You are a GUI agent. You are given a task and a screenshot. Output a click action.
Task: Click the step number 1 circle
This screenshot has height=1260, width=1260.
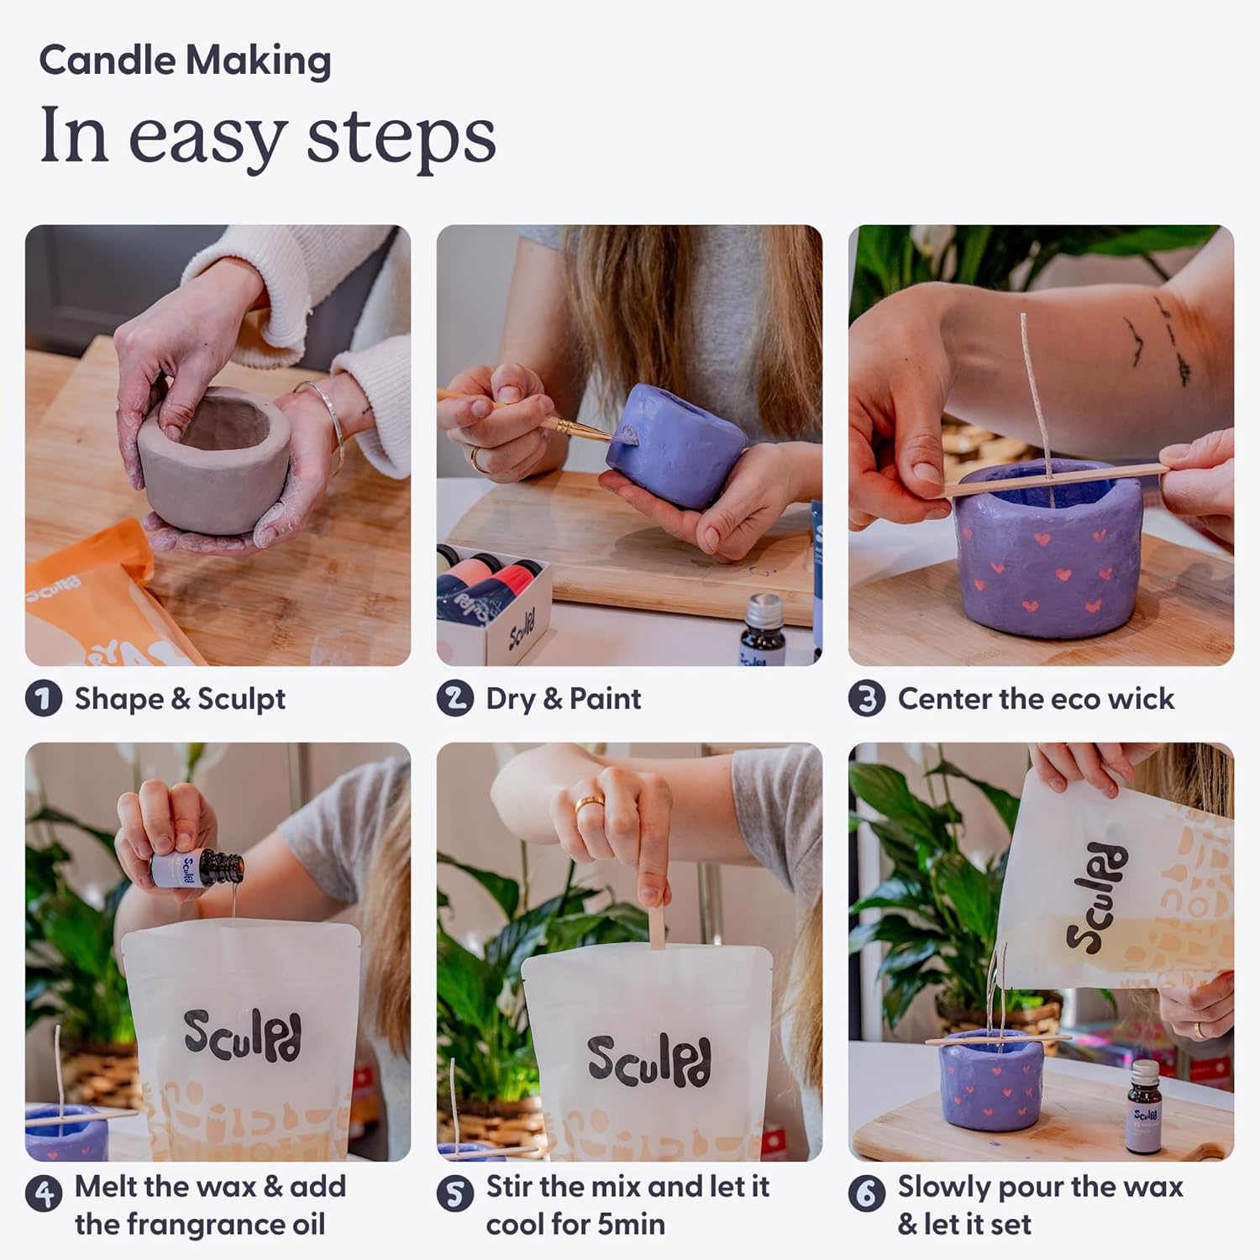click(x=44, y=699)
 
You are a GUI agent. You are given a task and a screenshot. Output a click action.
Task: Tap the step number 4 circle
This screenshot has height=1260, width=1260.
click(x=44, y=1194)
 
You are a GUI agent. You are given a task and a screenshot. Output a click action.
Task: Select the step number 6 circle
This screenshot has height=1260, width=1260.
click(x=867, y=1194)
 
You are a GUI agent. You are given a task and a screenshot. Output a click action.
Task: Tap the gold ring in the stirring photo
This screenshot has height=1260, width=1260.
click(x=588, y=804)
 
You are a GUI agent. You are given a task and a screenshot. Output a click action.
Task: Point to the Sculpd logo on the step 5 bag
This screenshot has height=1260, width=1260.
click(x=648, y=1060)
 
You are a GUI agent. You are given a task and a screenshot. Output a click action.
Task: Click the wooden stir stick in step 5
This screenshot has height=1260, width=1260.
click(x=657, y=924)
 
